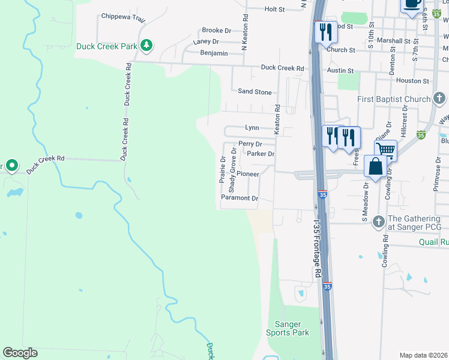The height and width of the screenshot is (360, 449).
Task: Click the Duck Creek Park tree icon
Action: (x=146, y=45)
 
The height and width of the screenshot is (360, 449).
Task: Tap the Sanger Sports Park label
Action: (x=288, y=328)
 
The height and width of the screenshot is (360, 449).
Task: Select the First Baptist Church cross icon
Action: (x=439, y=98)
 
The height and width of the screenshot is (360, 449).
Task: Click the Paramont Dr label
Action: (x=239, y=198)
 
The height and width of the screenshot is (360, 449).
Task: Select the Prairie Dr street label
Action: (x=223, y=170)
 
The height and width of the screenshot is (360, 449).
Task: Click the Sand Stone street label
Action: (x=255, y=92)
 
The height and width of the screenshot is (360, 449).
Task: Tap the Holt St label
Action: (x=274, y=10)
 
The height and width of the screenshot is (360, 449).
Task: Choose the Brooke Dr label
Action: (x=216, y=30)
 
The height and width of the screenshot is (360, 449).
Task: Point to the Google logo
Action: (x=20, y=353)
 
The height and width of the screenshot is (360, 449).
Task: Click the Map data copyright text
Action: (x=424, y=355)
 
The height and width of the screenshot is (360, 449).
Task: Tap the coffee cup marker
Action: (x=411, y=5)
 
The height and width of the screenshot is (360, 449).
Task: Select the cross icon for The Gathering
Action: (x=378, y=221)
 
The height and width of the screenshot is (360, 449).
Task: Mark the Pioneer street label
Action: (x=247, y=174)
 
